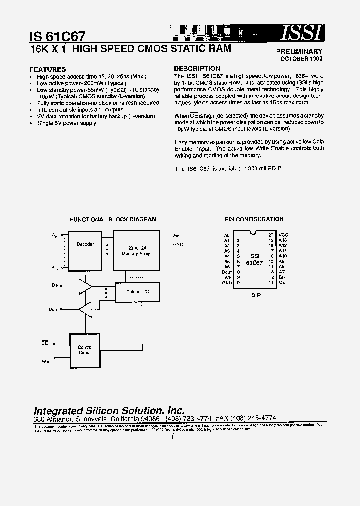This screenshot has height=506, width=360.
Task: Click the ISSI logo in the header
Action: tap(301, 33)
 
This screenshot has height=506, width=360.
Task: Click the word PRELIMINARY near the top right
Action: tap(299, 51)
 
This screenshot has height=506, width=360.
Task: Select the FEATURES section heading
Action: tap(47, 69)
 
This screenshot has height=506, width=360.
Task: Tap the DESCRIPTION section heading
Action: tap(197, 68)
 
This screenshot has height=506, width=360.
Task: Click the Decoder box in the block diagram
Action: tap(85, 244)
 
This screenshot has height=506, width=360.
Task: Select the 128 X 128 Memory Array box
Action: tap(136, 250)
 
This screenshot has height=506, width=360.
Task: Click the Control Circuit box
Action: tap(85, 350)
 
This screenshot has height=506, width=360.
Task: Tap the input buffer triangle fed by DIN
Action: tap(85, 287)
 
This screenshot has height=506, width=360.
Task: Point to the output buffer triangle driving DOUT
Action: tap(85, 310)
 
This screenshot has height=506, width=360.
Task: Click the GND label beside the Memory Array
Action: tap(178, 245)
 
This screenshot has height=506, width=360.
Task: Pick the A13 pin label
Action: tap(283, 240)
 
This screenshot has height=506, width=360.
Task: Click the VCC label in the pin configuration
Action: tap(283, 234)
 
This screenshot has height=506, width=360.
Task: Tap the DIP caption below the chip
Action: tap(256, 295)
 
